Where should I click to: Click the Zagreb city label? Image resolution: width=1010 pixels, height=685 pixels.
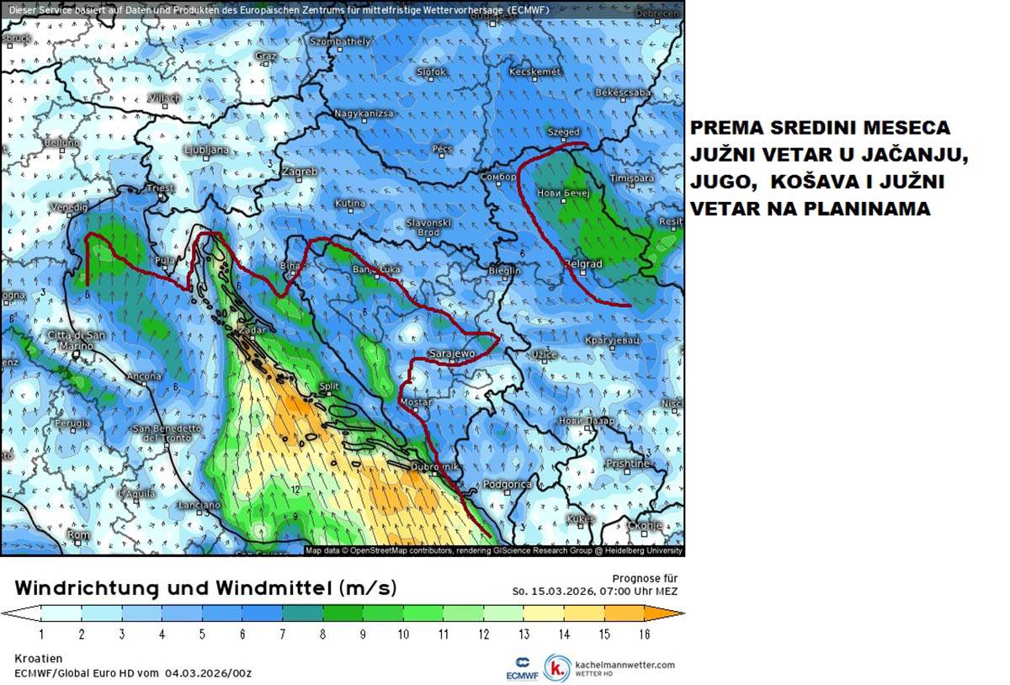pyautogui.click(x=300, y=172)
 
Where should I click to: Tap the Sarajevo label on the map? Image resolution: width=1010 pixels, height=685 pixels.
pyautogui.click(x=453, y=354)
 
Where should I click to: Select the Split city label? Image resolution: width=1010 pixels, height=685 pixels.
pyautogui.click(x=329, y=386)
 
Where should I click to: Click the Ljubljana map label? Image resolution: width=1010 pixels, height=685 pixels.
pyautogui.click(x=205, y=150)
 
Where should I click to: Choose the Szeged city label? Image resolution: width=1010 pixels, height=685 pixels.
pyautogui.click(x=564, y=132)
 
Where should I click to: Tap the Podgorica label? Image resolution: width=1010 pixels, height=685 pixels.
pyautogui.click(x=508, y=485)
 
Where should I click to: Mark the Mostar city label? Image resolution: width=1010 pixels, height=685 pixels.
pyautogui.click(x=415, y=403)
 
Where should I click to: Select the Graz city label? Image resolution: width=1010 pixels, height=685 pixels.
pyautogui.click(x=266, y=56)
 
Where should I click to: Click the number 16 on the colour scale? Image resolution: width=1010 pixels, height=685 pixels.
pyautogui.click(x=644, y=633)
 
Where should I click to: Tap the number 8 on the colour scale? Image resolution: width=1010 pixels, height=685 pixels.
pyautogui.click(x=322, y=633)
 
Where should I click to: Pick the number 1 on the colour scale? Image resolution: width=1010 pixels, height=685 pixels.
pyautogui.click(x=41, y=633)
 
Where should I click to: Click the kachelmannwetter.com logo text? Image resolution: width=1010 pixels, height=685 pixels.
pyautogui.click(x=624, y=664)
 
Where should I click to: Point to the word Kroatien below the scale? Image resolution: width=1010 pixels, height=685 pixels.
pyautogui.click(x=39, y=658)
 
